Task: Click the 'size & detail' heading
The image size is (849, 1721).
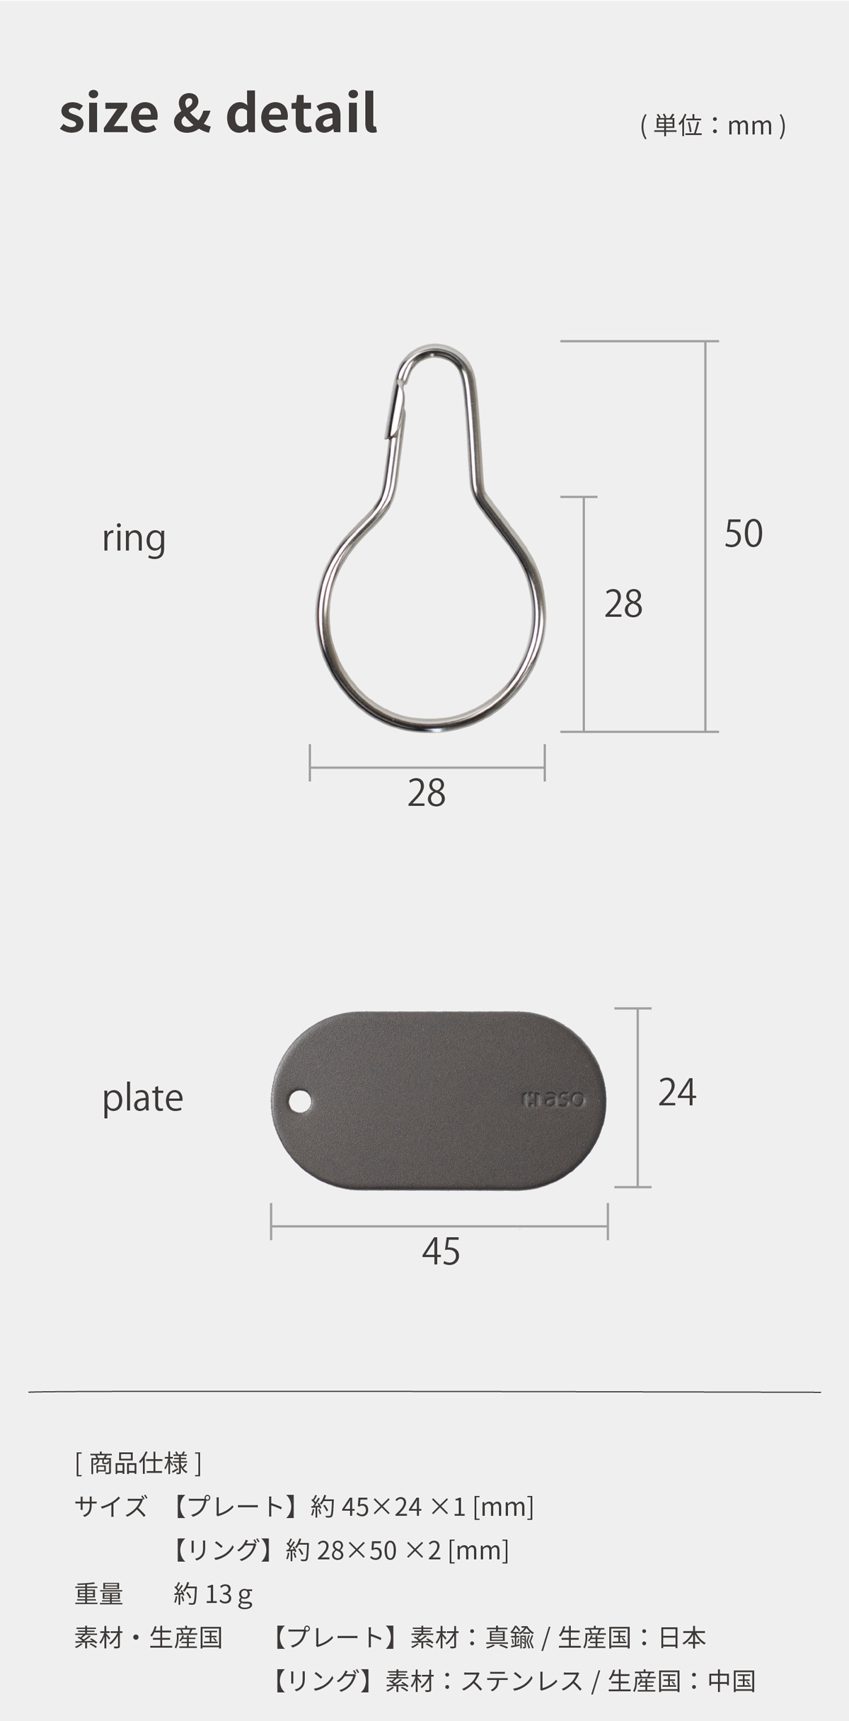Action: (218, 113)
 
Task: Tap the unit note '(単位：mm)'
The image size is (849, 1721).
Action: (713, 126)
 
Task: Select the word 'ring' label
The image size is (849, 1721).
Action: (134, 539)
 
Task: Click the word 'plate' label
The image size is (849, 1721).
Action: (143, 1099)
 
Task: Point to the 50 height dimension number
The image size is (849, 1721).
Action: (744, 534)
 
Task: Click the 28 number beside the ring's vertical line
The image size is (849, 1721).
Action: (623, 604)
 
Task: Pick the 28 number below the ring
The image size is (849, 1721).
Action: (427, 793)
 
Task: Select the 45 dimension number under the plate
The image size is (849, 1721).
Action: (441, 1251)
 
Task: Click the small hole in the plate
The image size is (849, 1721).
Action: (301, 1101)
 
